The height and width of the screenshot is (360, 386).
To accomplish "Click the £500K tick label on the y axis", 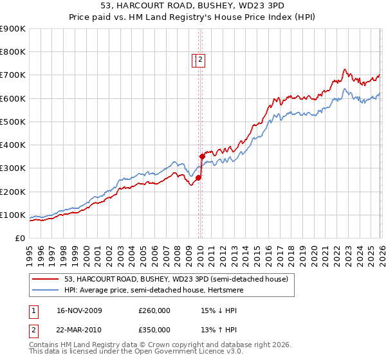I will click(x=12, y=122).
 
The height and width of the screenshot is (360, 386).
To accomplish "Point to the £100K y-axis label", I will click(x=12, y=215).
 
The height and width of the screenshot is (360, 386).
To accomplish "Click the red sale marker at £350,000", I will click(x=202, y=156).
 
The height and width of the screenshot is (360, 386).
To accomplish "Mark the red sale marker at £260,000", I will click(x=198, y=177).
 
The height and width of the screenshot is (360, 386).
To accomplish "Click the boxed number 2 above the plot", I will click(x=200, y=60).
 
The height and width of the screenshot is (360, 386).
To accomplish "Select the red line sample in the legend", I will click(x=46, y=278).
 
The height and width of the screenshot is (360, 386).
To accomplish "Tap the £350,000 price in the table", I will click(x=154, y=331).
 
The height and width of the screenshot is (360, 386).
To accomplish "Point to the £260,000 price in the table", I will click(x=154, y=310).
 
